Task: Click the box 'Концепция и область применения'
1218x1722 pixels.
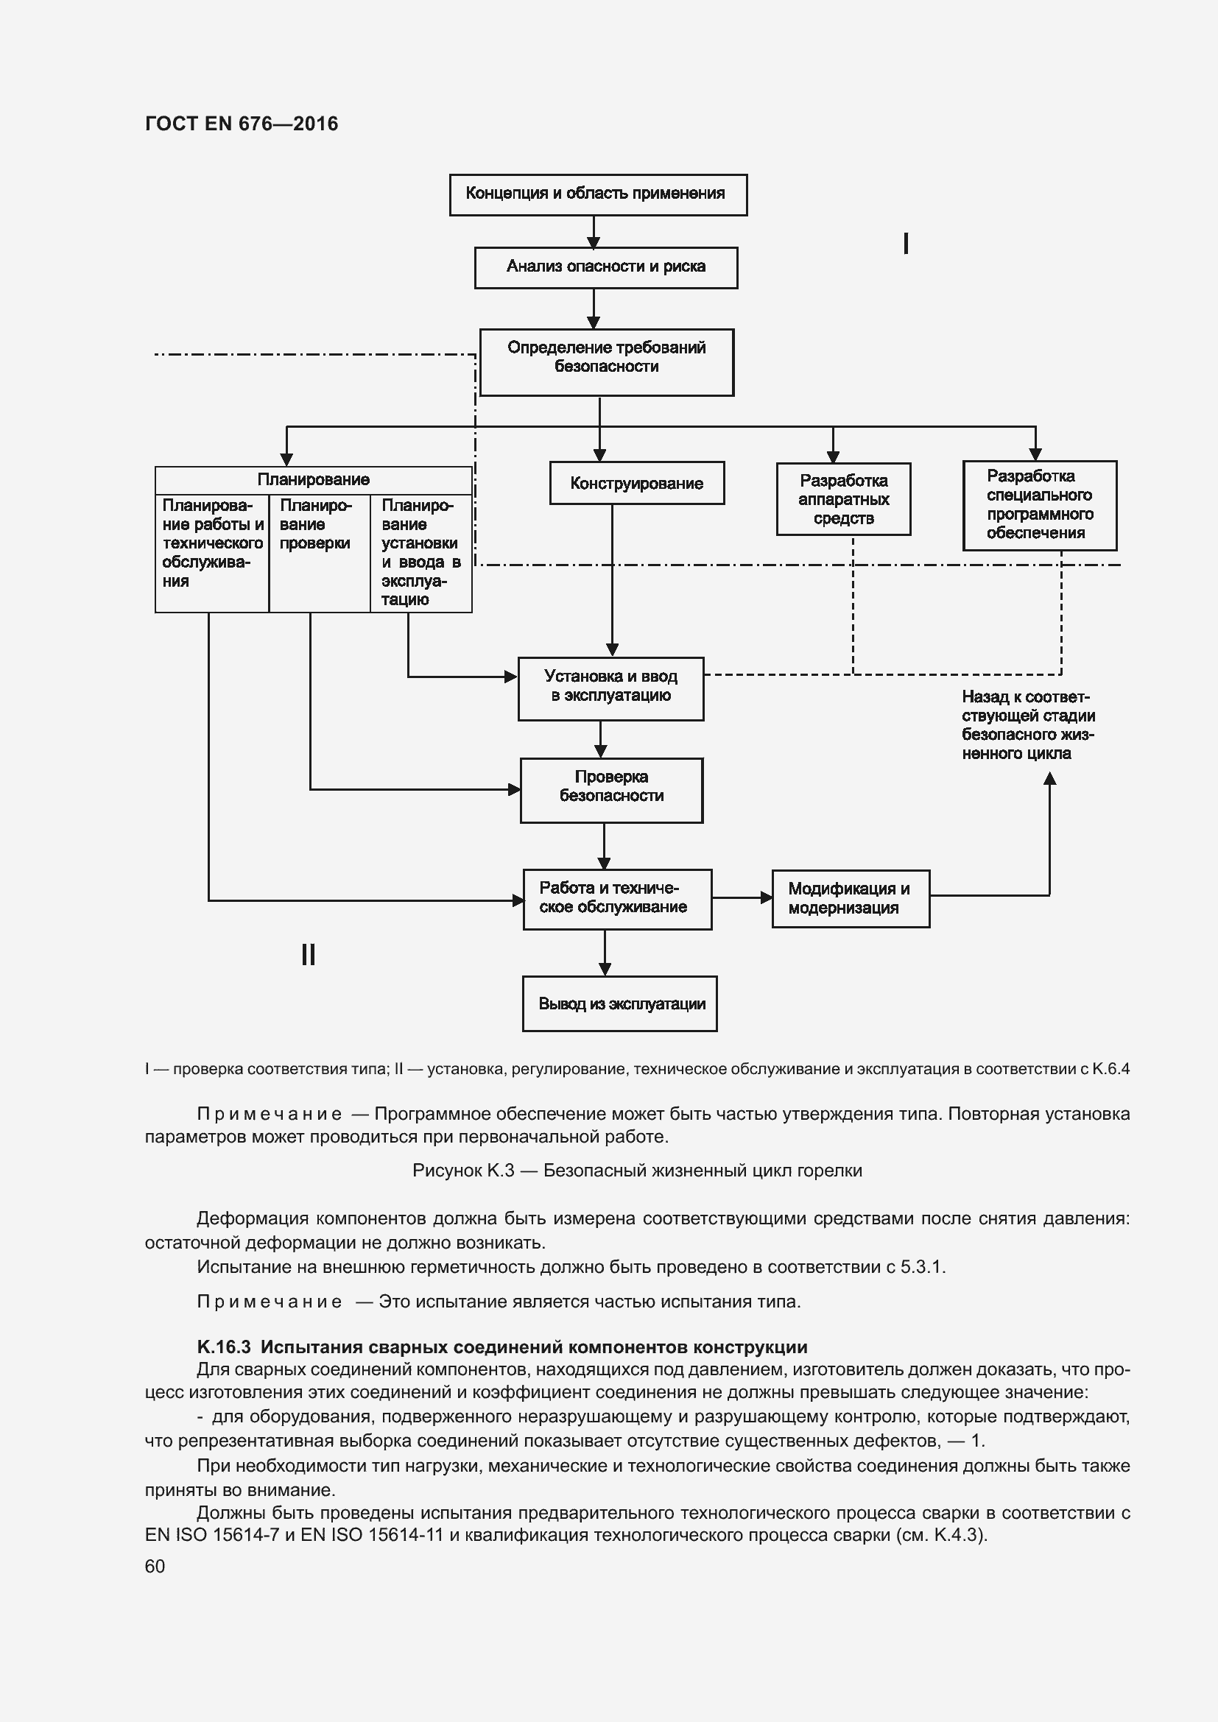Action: [x=598, y=195]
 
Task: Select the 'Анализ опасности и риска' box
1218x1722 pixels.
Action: [x=605, y=268]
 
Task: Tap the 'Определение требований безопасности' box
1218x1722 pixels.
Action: [x=606, y=361]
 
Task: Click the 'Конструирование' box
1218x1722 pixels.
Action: [x=636, y=483]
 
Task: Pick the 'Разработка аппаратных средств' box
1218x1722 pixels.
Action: [x=843, y=498]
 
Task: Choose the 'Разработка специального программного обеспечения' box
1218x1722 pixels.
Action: [x=1040, y=505]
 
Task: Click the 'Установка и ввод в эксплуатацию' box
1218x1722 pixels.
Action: [x=610, y=688]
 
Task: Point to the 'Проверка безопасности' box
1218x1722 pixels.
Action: [x=611, y=789]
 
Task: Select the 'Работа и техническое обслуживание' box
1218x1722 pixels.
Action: [x=616, y=898]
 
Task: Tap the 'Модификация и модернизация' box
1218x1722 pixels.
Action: [x=851, y=898]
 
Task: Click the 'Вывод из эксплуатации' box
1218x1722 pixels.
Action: [x=619, y=1003]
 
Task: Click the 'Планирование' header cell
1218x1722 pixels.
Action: [x=313, y=480]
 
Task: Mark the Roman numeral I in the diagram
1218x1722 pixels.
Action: [x=906, y=244]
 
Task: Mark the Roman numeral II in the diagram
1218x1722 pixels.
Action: [x=308, y=955]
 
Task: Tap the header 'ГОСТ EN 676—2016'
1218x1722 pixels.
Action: [x=242, y=124]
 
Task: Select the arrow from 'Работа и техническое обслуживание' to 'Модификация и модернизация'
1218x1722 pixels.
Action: [x=741, y=897]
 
